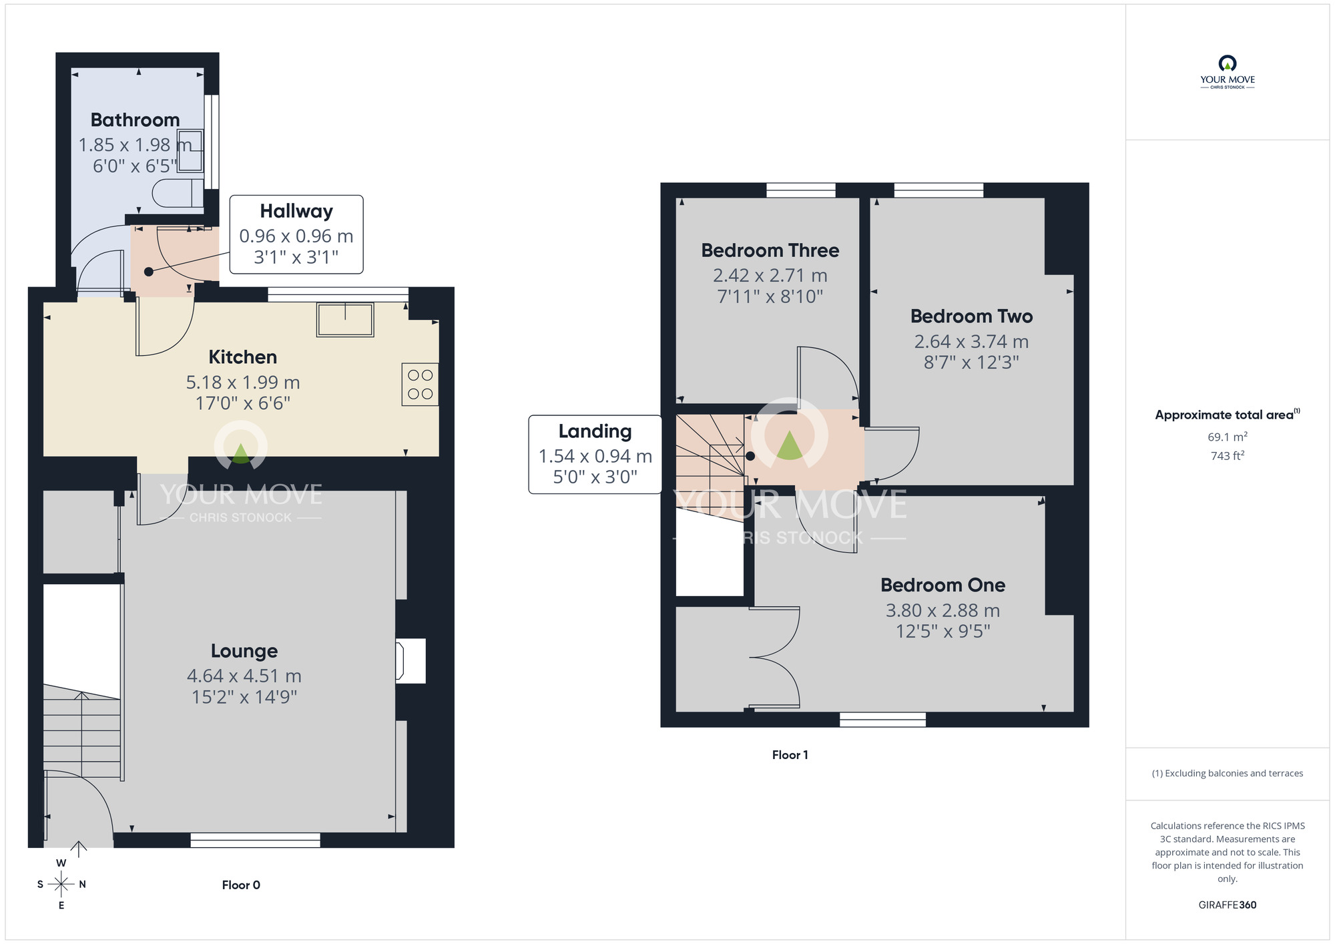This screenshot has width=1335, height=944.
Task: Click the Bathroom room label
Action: [x=135, y=120]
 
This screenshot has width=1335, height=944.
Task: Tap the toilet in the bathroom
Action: [x=178, y=193]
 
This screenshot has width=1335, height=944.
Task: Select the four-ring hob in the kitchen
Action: [x=420, y=384]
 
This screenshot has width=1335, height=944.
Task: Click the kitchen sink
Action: [x=345, y=319]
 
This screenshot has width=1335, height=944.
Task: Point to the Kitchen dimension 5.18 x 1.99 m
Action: [x=243, y=383]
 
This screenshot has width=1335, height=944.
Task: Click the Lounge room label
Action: [x=244, y=651]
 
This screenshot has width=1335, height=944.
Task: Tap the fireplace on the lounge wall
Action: [x=411, y=661]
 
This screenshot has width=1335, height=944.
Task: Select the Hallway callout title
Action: [x=296, y=211]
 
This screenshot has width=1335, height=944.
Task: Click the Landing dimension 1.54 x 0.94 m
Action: [x=595, y=456]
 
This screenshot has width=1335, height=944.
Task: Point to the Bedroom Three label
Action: [x=770, y=250]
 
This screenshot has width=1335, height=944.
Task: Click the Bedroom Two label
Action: [x=972, y=316]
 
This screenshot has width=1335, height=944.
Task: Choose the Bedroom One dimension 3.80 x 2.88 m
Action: [x=943, y=610]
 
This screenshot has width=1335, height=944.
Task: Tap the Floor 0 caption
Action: [x=241, y=885]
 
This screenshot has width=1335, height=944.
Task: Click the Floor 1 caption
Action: [x=790, y=755]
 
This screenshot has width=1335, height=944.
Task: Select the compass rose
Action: [x=61, y=884]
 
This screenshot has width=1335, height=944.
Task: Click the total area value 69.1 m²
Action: [x=1228, y=437]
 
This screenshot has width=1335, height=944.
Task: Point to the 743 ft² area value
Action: [x=1228, y=456]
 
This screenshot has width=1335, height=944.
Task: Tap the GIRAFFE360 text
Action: [x=1228, y=905]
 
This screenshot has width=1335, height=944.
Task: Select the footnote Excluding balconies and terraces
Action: [x=1228, y=774]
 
